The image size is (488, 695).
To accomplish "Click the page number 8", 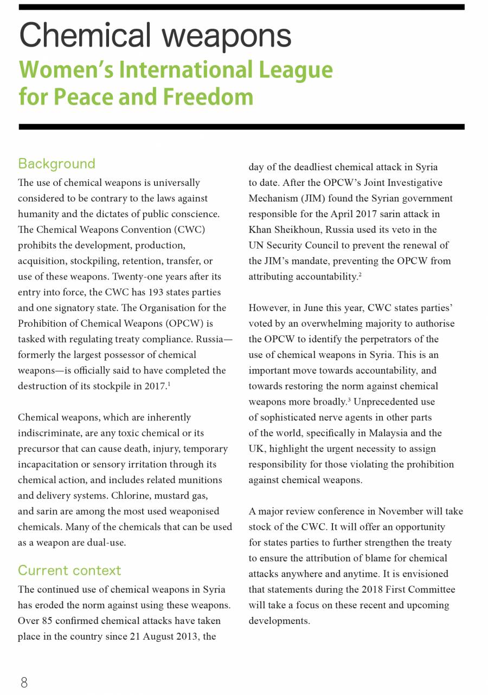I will pyautogui.click(x=24, y=683).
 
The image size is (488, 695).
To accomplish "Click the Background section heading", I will pyautogui.click(x=56, y=164).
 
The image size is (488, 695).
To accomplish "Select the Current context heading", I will pyautogui.click(x=69, y=570).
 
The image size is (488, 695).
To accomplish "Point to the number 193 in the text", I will pyautogui.click(x=168, y=293).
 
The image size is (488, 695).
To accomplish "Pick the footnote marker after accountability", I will pyautogui.click(x=360, y=275).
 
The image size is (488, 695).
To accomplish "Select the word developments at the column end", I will pyautogui.click(x=279, y=621).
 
